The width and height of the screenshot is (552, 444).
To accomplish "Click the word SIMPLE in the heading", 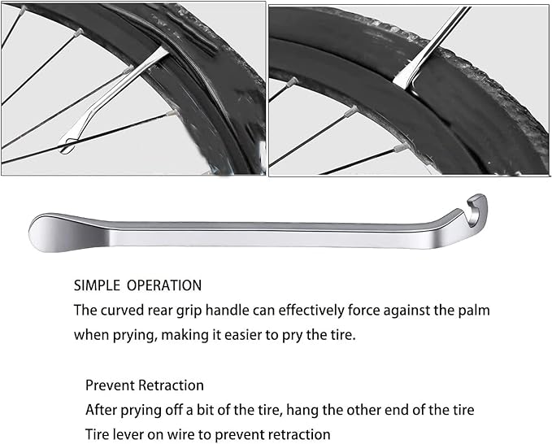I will pos(97,285).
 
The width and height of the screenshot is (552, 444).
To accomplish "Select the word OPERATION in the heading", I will pos(166,285).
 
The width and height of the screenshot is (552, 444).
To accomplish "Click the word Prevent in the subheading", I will pos(109,385).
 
